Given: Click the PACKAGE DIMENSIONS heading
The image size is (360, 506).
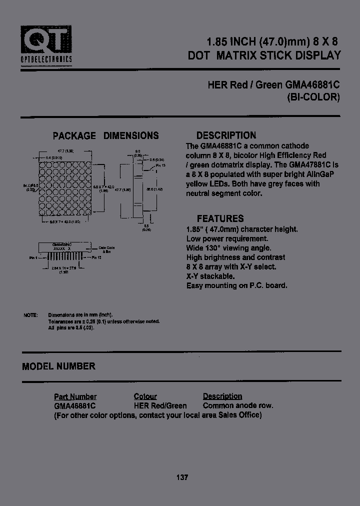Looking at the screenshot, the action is pos(106,135).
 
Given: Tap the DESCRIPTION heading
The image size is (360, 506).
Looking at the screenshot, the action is pos(226,135).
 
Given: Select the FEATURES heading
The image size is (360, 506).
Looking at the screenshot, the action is pos(220,218).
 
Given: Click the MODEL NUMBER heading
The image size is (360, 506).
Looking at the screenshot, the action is pos(58,366).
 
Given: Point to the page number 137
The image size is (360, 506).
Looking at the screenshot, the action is pos(182,477).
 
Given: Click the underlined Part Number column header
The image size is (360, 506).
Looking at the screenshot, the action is pos(75,396).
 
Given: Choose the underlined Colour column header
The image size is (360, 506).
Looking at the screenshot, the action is pos(145,396).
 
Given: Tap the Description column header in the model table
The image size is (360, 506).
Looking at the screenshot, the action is pos(222,396).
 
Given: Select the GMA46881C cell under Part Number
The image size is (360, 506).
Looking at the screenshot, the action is pos(75,405).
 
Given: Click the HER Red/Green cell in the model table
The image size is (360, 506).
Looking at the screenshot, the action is pos(160,405).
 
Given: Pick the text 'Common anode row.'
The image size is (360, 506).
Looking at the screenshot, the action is pos(238,405).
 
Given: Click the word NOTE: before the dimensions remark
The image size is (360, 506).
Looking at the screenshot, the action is pos(30,315).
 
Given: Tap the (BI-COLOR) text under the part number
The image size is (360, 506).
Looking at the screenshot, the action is pos(313,97).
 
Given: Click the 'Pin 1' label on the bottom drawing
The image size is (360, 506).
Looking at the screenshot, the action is pos(33,258).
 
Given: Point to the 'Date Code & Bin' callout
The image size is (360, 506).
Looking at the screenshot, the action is pos(106,249).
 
